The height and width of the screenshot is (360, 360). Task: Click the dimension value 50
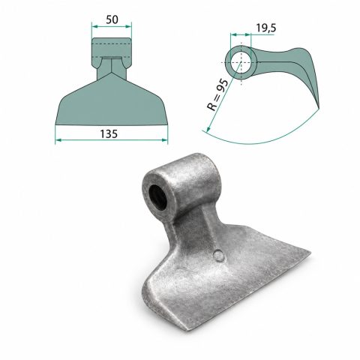pyautogui.click(x=112, y=19)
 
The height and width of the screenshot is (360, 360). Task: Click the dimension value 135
pyautogui.click(x=109, y=134)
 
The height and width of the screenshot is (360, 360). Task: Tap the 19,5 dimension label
pyautogui.click(x=266, y=28)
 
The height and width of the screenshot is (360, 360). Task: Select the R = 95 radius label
pyautogui.click(x=217, y=95)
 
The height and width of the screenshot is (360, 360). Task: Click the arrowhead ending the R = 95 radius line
pyautogui.click(x=208, y=130)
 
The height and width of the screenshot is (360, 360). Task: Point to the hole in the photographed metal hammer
pyautogui.click(x=157, y=198)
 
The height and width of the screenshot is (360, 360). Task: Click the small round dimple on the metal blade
pyautogui.click(x=219, y=256)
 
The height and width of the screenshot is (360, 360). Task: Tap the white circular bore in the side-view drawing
pyautogui.click(x=240, y=62)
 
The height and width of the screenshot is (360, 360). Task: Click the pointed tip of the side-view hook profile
pyautogui.click(x=319, y=109)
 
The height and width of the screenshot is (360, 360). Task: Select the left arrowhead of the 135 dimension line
pyautogui.click(x=58, y=140)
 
